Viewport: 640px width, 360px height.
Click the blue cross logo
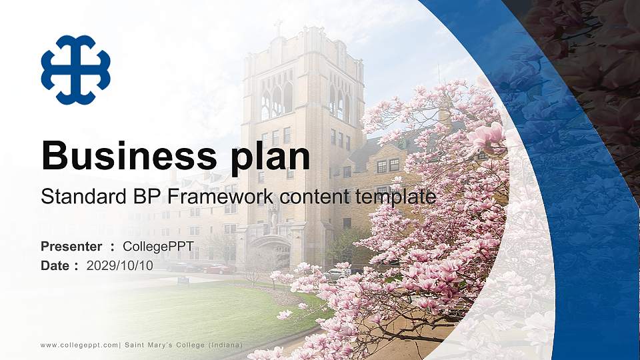tap(75, 70)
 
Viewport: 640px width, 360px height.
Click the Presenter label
tap(71, 247)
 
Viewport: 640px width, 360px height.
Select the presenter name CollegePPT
tap(158, 247)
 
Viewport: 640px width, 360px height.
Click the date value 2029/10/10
tap(119, 265)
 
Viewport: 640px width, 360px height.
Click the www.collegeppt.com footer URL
tap(80, 344)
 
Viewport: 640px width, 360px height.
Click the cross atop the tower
tap(278, 26)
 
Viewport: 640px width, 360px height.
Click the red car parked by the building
tap(217, 269)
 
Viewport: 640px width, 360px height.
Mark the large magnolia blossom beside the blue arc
tap(487, 136)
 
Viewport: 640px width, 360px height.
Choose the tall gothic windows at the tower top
tap(277, 100)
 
